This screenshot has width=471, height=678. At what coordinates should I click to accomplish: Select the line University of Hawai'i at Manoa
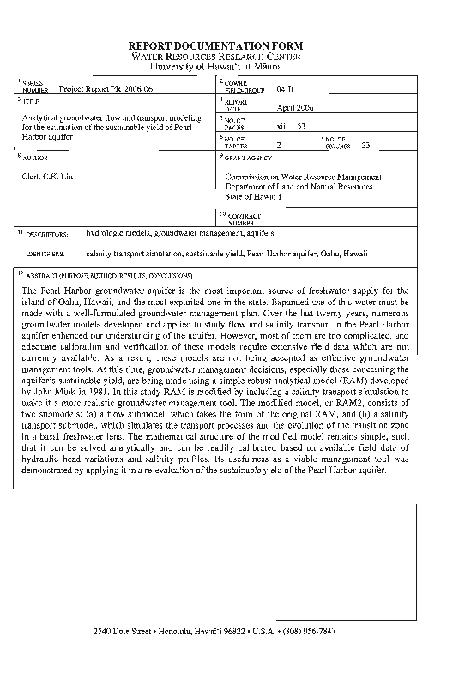coord(234,65)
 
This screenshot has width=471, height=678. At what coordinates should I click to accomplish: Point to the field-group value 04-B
coord(286,87)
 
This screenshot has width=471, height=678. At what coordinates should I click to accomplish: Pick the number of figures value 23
coord(367,145)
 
